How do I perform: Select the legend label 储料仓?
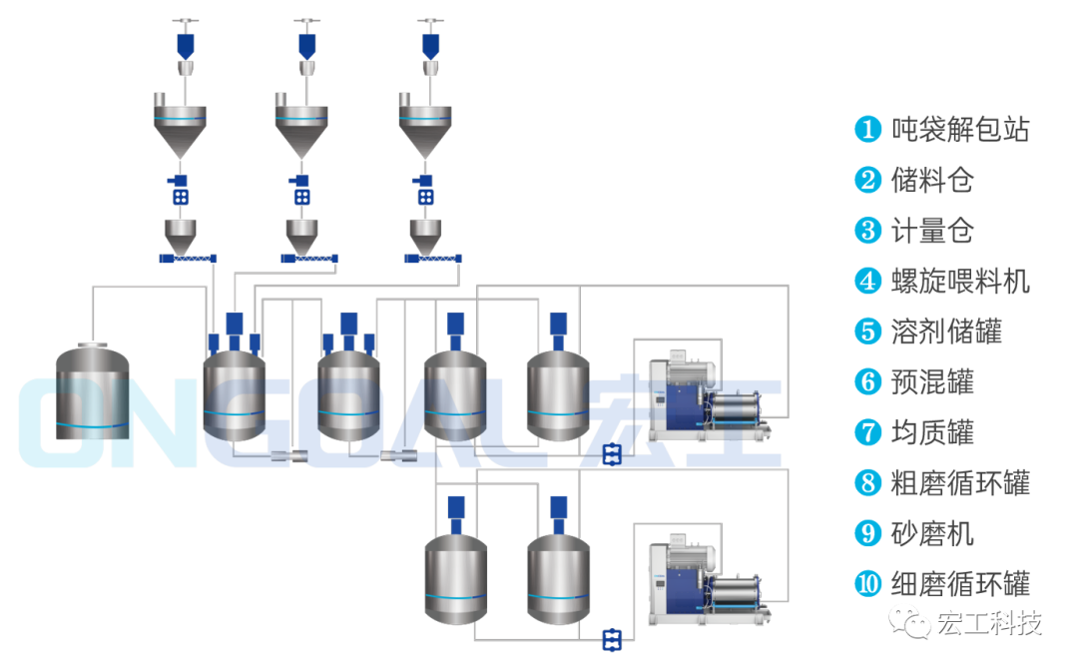[932, 180]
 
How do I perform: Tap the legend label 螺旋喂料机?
[960, 281]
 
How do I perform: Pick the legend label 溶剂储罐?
[946, 331]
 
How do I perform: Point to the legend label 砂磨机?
[932, 533]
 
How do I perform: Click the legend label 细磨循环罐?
[960, 584]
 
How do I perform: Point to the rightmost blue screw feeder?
[436, 259]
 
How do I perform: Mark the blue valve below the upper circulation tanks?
[612, 455]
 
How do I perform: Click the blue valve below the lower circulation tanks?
[612, 639]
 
